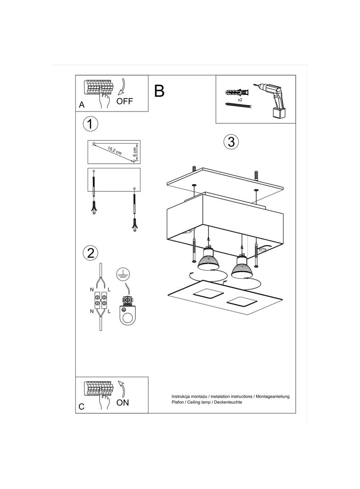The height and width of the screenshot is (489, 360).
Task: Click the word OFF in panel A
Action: click(x=124, y=101)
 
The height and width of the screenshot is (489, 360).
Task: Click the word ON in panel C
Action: click(x=123, y=403)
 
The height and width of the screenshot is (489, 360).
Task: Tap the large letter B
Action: click(x=159, y=91)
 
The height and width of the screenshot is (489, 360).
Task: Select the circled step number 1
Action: click(x=90, y=124)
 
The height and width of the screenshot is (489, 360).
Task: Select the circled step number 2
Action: click(x=90, y=253)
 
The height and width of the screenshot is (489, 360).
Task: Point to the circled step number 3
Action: click(x=231, y=142)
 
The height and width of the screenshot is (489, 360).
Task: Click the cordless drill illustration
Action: click(x=271, y=100)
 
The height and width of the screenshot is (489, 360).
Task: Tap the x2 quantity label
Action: click(x=240, y=100)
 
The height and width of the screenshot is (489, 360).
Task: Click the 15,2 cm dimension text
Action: click(x=115, y=150)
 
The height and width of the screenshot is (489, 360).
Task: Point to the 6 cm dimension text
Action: click(x=135, y=151)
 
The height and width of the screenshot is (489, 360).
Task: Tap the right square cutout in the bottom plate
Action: click(x=242, y=301)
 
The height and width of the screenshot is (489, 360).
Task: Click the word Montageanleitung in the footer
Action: click(x=272, y=397)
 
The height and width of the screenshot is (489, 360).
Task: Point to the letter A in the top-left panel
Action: click(x=81, y=105)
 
